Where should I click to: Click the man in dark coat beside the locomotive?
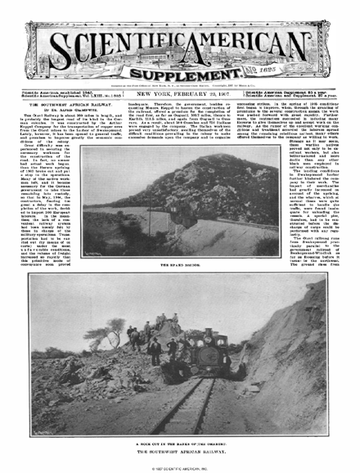pyautogui.click(x=155, y=350)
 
